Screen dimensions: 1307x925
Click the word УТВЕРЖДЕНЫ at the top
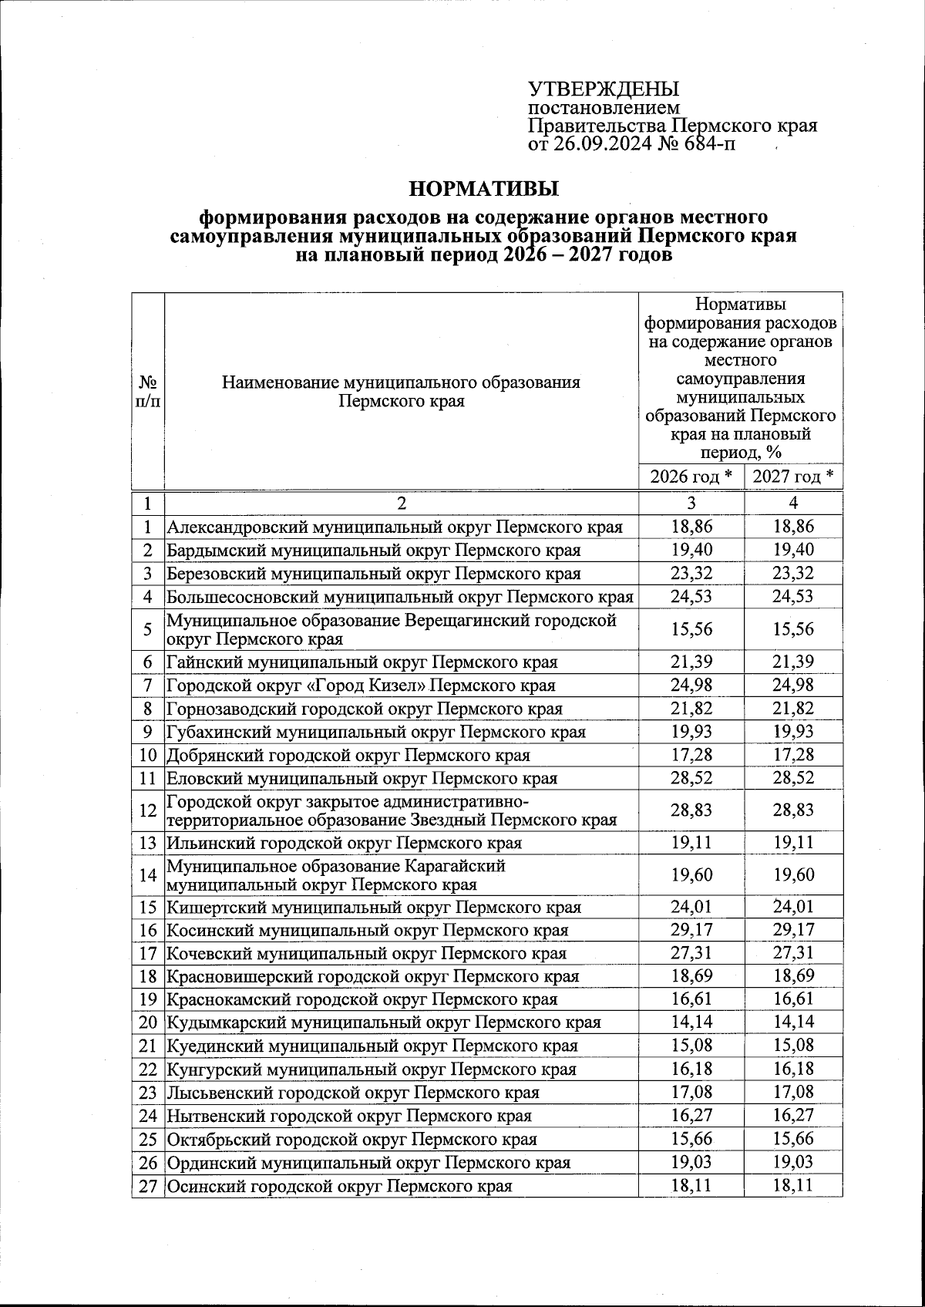click(603, 89)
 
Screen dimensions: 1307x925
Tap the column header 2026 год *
click(691, 477)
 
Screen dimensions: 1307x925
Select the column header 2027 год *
click(793, 477)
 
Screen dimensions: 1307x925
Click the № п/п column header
click(148, 391)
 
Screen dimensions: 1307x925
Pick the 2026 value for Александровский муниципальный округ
click(691, 527)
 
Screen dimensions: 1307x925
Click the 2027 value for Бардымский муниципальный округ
click(793, 550)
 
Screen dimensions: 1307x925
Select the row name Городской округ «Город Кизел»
click(361, 685)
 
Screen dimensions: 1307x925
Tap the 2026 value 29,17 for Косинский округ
click(691, 930)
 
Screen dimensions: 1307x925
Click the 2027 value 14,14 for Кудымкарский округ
click(793, 1022)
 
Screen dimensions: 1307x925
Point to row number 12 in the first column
click(148, 810)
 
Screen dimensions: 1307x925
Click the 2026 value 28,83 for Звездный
click(691, 810)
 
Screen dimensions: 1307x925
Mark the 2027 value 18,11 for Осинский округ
click(793, 1185)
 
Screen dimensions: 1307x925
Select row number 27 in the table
click(148, 1185)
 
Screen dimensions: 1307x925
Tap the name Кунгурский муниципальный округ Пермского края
click(372, 1070)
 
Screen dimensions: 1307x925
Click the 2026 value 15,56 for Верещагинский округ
click(691, 629)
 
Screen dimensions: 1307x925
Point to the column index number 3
click(691, 503)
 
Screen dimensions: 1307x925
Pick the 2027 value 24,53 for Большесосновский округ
click(793, 596)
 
